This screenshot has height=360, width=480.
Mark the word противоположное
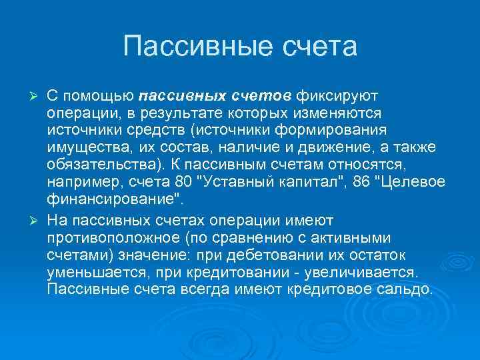[119, 238]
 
